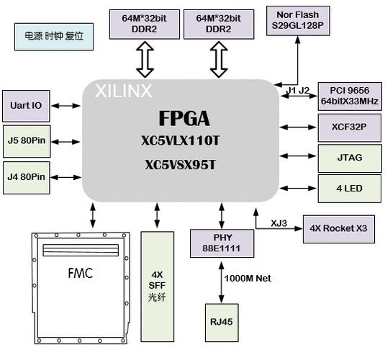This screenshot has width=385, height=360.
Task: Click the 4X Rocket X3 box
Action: [338, 228]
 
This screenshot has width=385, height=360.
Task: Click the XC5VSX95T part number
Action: [180, 165]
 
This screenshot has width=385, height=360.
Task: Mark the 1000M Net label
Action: [248, 278]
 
